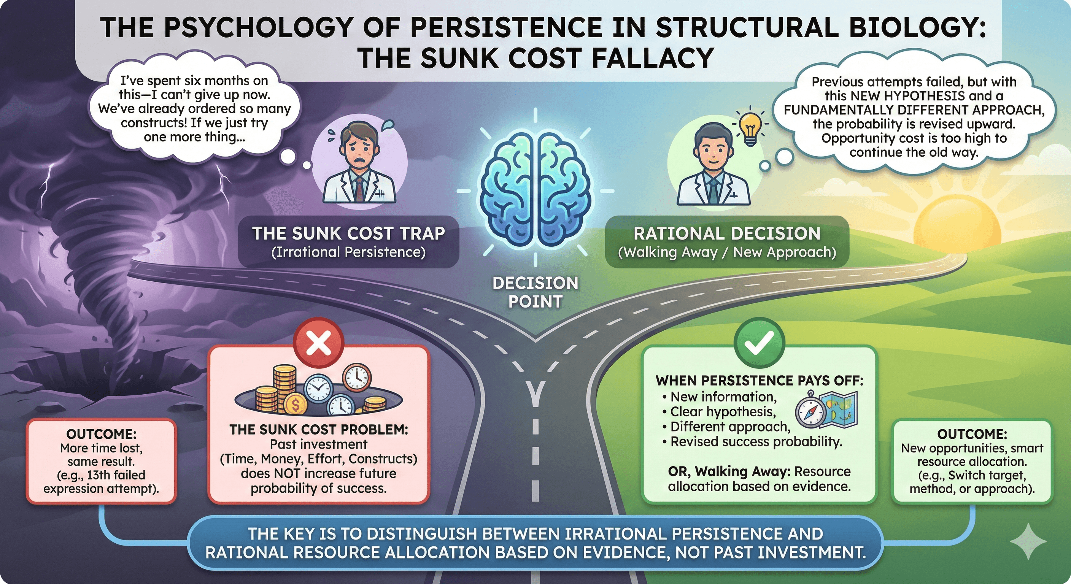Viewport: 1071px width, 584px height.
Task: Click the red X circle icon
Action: coord(318,343)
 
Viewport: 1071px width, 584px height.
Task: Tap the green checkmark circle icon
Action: coord(759,343)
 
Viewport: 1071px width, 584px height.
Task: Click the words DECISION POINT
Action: coord(535,292)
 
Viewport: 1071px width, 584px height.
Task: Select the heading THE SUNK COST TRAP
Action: coord(348,233)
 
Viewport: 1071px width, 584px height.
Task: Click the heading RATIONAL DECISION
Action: coord(727,233)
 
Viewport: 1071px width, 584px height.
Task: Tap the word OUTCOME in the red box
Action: coord(101,434)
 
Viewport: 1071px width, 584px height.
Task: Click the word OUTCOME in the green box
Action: coord(972,434)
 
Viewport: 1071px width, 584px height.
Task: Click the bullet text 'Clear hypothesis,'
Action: coord(723,411)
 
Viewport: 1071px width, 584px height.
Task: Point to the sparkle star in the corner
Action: coord(1028,541)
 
